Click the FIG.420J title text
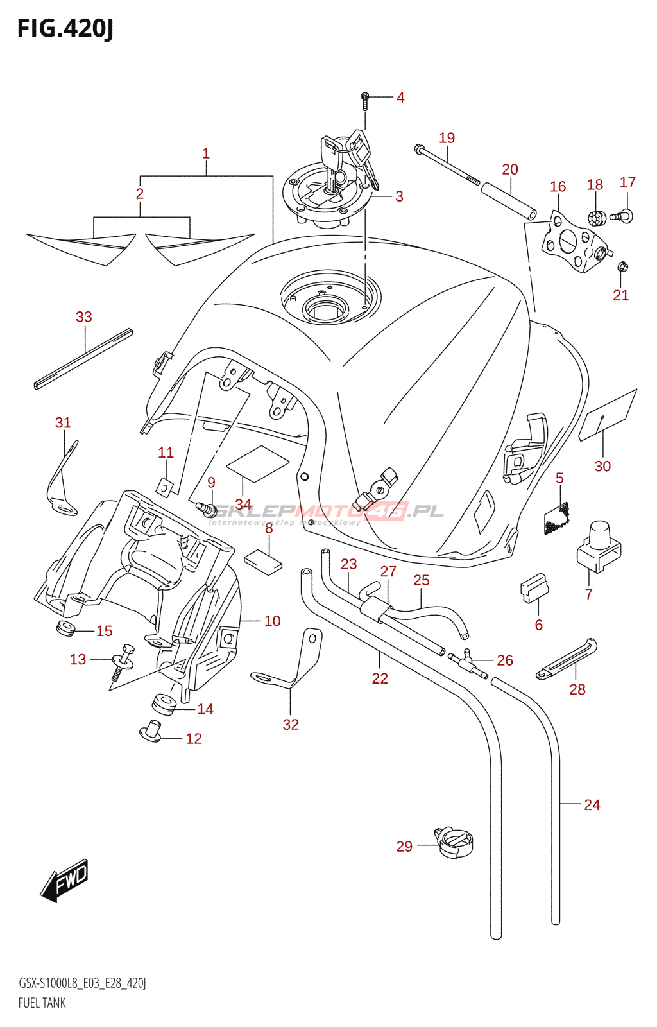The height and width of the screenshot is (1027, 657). pyautogui.click(x=65, y=29)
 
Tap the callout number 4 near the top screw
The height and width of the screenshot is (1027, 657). pyautogui.click(x=400, y=98)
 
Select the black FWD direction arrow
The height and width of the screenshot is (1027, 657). pyautogui.click(x=64, y=880)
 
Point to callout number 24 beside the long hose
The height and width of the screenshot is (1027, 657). pyautogui.click(x=592, y=805)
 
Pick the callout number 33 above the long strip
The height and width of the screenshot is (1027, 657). pyautogui.click(x=84, y=316)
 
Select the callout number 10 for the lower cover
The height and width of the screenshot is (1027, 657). pyautogui.click(x=273, y=621)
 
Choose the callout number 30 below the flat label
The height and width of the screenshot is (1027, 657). pyautogui.click(x=602, y=466)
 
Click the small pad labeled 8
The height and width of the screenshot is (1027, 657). pyautogui.click(x=263, y=560)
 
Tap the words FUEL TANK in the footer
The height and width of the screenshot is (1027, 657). pyautogui.click(x=42, y=1003)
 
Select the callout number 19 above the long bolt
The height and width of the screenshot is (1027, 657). pyautogui.click(x=447, y=138)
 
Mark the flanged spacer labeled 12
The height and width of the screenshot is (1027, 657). pyautogui.click(x=151, y=731)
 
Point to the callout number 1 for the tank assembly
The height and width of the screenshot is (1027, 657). pyautogui.click(x=206, y=153)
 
